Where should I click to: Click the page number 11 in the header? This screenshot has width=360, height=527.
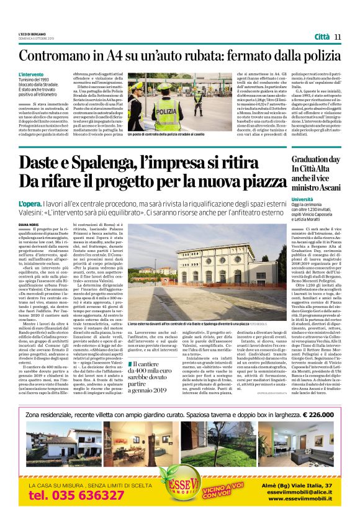pos(338,37)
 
